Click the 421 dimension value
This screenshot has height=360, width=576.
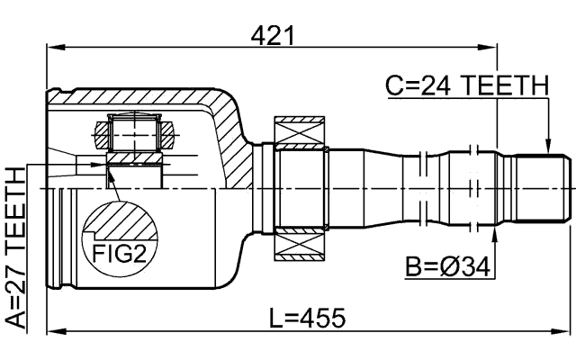(273, 35)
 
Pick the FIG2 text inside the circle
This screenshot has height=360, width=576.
(120, 253)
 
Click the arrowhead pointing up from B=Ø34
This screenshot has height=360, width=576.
(496, 234)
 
